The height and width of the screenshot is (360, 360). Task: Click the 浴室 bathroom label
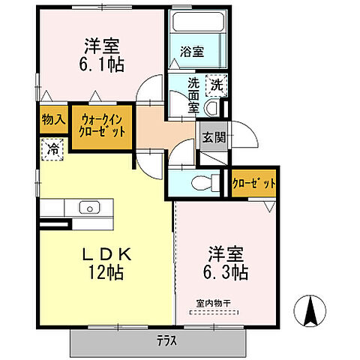pos(191,52)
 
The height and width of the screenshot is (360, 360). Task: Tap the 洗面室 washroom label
pos(193,97)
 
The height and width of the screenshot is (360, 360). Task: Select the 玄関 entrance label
pos(208,137)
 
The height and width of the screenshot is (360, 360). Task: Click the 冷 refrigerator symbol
pos(53,149)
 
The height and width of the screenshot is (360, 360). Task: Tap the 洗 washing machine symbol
pos(215,85)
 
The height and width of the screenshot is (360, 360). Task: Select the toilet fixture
pos(201,182)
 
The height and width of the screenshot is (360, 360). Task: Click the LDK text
pos(105,255)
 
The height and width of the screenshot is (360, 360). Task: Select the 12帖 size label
pos(106,273)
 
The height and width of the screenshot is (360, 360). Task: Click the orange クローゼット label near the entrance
pos(254,183)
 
